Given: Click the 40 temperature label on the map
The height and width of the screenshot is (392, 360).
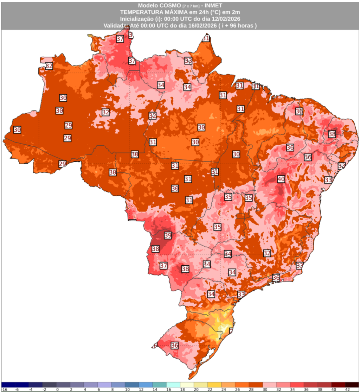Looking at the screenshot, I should pyautogui.click(x=281, y=179).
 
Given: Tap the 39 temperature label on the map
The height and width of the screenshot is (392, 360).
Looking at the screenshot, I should pyautogui.click(x=168, y=235).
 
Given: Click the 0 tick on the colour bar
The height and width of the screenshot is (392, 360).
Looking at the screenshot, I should pyautogui.click(x=57, y=390).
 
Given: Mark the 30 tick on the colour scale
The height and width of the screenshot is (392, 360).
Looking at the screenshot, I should pyautogui.click(x=263, y=390).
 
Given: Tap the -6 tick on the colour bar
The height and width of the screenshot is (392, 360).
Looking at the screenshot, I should pyautogui.click(x=16, y=390).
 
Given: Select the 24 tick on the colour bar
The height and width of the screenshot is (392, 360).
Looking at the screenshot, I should pyautogui.click(x=222, y=390).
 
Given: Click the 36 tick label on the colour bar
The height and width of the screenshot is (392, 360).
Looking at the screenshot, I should pyautogui.click(x=304, y=390).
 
